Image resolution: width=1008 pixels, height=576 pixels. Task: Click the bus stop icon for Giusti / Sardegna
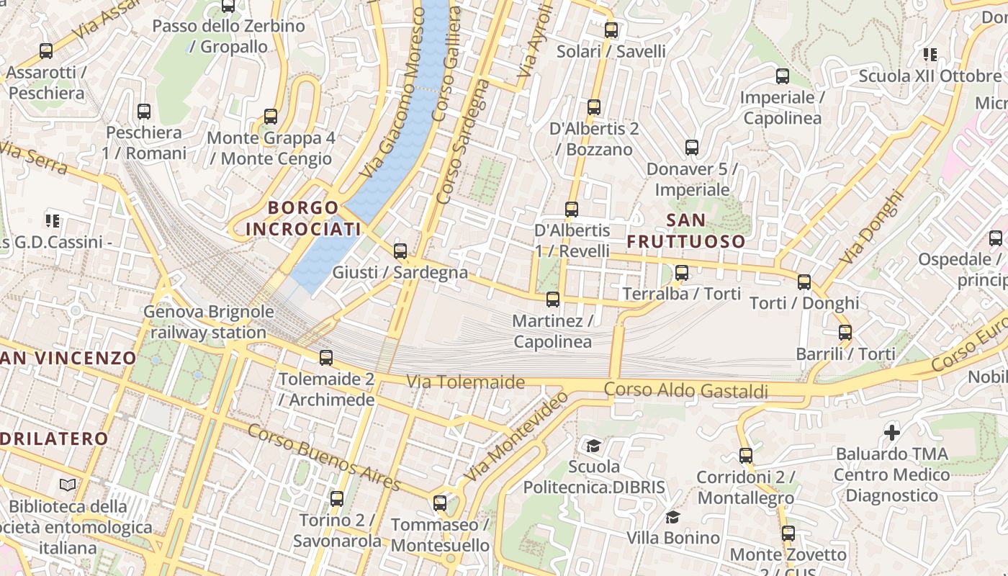click(x=400, y=251)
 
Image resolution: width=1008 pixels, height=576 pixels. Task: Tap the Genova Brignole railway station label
click(x=209, y=322)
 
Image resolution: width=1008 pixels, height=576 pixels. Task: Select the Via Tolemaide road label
click(x=466, y=382)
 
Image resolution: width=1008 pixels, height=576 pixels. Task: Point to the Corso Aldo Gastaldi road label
click(x=685, y=390)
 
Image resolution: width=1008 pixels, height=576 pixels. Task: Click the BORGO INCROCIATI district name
click(x=303, y=218)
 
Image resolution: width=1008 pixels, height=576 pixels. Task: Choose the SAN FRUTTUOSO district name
click(x=685, y=230)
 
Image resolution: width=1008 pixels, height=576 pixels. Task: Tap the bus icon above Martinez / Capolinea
click(x=553, y=300)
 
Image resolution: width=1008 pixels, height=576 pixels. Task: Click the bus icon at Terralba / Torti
click(x=682, y=273)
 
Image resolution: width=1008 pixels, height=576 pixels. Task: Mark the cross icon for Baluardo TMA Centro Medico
click(x=892, y=432)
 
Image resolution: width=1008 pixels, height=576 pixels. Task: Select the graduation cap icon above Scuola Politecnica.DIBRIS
click(x=593, y=446)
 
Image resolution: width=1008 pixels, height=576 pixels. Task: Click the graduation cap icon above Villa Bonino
click(x=672, y=517)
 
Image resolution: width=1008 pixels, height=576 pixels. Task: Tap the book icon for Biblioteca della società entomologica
click(x=68, y=485)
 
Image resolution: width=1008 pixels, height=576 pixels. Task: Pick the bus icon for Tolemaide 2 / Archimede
click(x=326, y=358)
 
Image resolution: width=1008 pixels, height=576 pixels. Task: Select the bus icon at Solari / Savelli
click(x=611, y=30)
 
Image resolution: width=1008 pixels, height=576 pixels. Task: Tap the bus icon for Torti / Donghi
click(x=804, y=282)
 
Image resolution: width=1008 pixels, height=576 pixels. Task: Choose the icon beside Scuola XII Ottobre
click(x=930, y=55)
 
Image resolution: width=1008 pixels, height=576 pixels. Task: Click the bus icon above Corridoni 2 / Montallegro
click(x=746, y=456)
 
